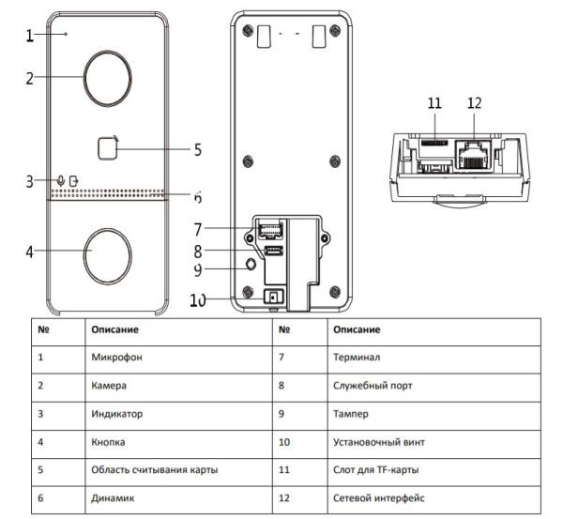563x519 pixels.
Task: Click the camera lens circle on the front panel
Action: tap(104, 72)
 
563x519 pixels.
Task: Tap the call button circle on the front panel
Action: tap(104, 251)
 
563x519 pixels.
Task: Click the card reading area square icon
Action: tap(107, 146)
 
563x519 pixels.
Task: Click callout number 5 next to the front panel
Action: tap(197, 148)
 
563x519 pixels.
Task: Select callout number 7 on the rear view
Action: tap(197, 228)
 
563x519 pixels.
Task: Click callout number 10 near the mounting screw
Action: tap(197, 300)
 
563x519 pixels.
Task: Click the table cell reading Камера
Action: tap(110, 385)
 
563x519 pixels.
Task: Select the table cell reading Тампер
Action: tap(350, 412)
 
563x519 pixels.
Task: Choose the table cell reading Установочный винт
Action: tap(377, 440)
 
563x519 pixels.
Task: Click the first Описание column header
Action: tap(114, 329)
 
